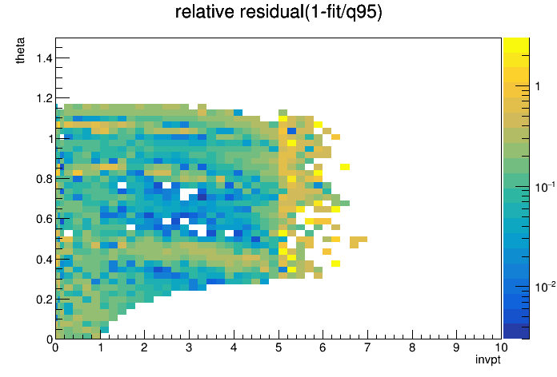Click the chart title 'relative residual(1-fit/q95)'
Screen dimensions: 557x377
pyautogui.click(x=278, y=12)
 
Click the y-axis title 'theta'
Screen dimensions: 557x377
pyautogui.click(x=20, y=50)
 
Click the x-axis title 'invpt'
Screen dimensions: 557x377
pyautogui.click(x=487, y=359)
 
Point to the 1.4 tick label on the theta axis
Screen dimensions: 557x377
pyautogui.click(x=44, y=58)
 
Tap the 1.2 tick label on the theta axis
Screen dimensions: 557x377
pyautogui.click(x=44, y=98)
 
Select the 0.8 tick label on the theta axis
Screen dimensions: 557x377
pyautogui.click(x=44, y=179)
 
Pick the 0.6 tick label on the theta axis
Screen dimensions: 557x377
pyautogui.click(x=44, y=219)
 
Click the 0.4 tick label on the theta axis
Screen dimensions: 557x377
pyautogui.click(x=44, y=260)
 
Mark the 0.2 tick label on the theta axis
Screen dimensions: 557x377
pyautogui.click(x=44, y=300)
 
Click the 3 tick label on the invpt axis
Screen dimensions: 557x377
pyautogui.click(x=189, y=347)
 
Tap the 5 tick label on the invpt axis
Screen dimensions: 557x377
pyautogui.click(x=278, y=347)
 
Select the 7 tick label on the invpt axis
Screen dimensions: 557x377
pyautogui.click(x=367, y=347)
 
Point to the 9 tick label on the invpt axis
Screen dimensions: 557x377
pyautogui.click(x=456, y=347)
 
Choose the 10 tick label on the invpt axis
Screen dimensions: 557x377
pyautogui.click(x=500, y=347)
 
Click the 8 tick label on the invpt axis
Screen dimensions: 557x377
pyautogui.click(x=412, y=347)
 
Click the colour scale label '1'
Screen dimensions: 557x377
pyautogui.click(x=538, y=85)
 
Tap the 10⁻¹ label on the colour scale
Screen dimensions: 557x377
pyautogui.click(x=545, y=187)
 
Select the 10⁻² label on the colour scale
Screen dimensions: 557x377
pyautogui.click(x=545, y=286)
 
